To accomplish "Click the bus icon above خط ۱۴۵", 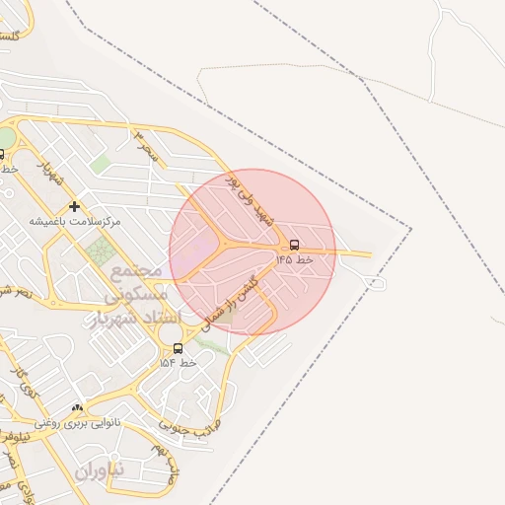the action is [295, 245].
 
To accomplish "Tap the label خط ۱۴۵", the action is [293, 259].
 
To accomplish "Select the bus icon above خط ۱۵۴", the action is [178, 348].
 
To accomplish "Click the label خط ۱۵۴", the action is [179, 363].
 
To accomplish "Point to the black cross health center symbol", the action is [74, 206].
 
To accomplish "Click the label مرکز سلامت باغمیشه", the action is [74, 221].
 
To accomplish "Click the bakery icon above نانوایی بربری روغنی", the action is [77, 407].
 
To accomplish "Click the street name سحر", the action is [149, 146].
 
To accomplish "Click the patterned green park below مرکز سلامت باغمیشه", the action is [100, 252].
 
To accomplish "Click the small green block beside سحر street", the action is [101, 164].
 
